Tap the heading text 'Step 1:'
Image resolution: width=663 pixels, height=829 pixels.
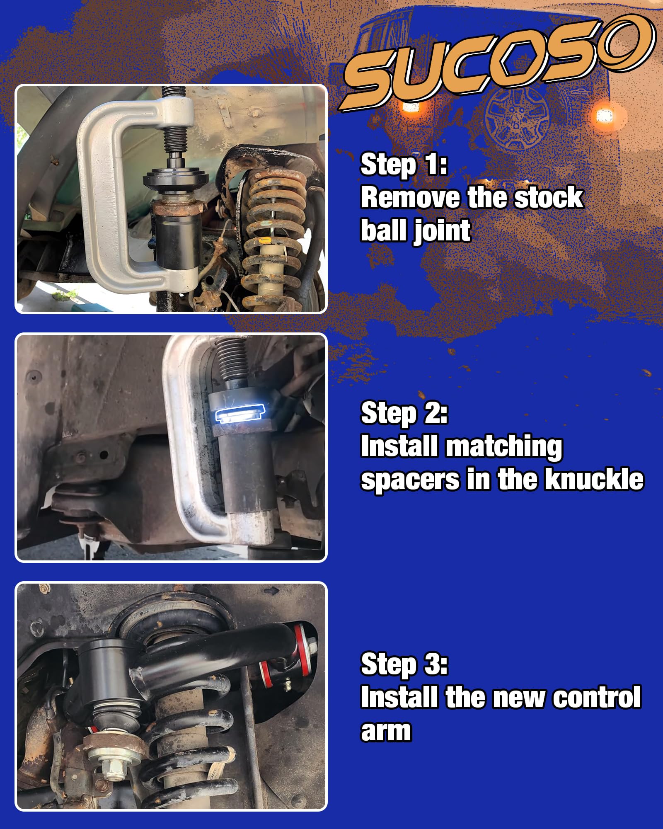404,165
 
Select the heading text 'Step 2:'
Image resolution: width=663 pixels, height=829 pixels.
404,413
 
